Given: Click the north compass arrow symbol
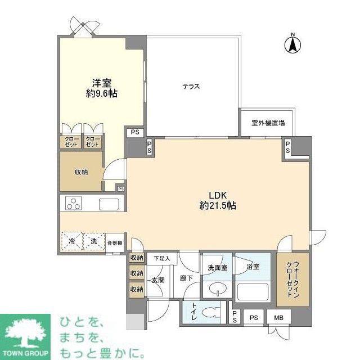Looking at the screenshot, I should [293, 44].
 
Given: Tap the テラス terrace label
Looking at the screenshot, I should [191, 86].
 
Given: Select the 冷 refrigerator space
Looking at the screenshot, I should [71, 241].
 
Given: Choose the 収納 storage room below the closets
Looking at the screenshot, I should [81, 172].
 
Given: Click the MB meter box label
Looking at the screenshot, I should [279, 317].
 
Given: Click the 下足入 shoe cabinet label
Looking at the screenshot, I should [162, 258].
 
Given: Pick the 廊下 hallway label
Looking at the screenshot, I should [186, 278].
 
